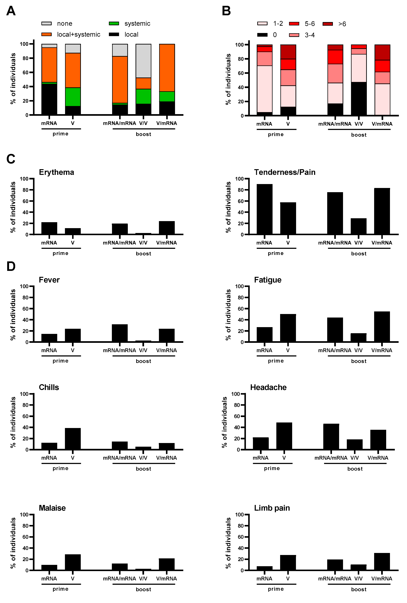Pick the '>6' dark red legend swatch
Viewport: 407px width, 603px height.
click(328, 24)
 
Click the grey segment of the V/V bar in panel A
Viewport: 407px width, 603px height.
click(143, 61)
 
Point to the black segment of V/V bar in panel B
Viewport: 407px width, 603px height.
click(359, 99)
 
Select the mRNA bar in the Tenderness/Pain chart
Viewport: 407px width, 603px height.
click(264, 209)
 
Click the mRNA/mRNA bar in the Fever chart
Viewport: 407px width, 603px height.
click(120, 333)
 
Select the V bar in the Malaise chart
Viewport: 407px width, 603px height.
click(73, 562)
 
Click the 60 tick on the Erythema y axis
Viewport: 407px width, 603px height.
click(25, 201)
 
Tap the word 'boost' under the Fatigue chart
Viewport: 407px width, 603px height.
click(359, 361)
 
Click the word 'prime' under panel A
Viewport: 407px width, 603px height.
click(60, 134)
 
